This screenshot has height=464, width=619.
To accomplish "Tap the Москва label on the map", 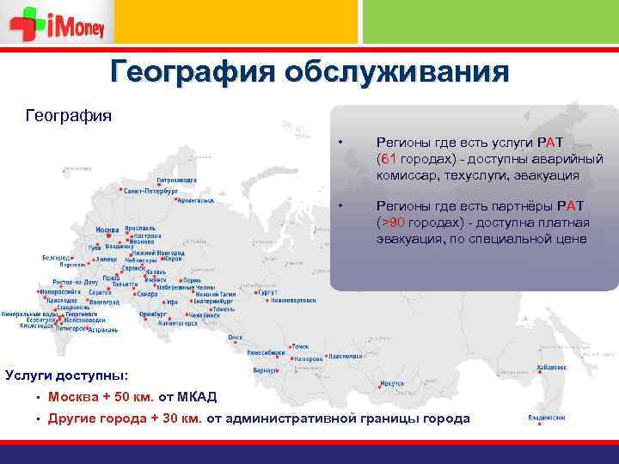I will pos(107,230).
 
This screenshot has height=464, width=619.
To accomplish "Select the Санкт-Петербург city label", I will pos(150,190).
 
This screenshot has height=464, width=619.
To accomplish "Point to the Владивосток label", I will pos(547,418).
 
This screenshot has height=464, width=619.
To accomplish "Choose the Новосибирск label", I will pos(266,352).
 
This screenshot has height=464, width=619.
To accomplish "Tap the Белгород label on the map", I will pos(56,257).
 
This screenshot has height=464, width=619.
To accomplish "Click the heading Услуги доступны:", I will pos(67,375).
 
